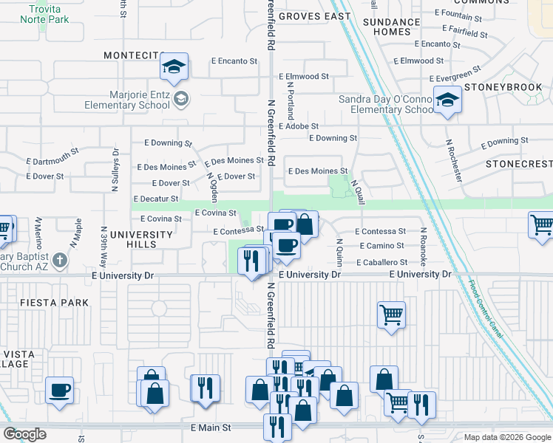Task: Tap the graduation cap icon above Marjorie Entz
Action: [x=174, y=68]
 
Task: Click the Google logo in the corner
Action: [x=24, y=433]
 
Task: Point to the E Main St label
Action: [x=211, y=427]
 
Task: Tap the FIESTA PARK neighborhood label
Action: [x=54, y=303]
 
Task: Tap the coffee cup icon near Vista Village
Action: [x=59, y=391]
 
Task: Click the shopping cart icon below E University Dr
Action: [x=391, y=315]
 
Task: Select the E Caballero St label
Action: [x=381, y=262]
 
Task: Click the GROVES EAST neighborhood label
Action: [x=316, y=16]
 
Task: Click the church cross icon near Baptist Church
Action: [x=59, y=260]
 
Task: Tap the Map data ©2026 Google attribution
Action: [x=507, y=437]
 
